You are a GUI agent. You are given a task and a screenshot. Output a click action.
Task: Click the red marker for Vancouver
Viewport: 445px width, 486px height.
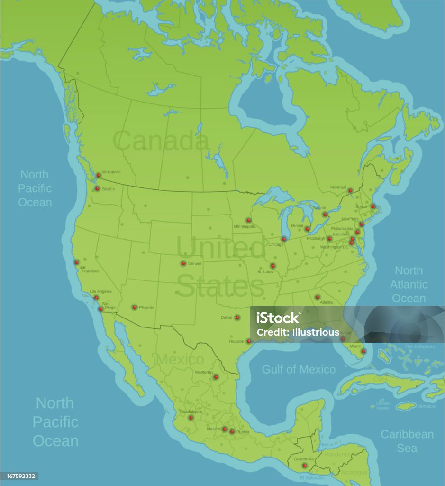(x=99, y=175)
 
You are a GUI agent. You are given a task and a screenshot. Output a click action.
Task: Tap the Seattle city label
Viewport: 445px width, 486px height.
(x=109, y=189)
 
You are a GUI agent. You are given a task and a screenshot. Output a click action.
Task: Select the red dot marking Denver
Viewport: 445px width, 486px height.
(x=183, y=263)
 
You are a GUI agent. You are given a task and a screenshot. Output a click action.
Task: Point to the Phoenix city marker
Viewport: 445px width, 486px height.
(x=134, y=307)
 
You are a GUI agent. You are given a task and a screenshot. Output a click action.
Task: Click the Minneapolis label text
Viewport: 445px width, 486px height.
(x=245, y=226)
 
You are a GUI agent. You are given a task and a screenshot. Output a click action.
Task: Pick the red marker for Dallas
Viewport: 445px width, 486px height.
(x=237, y=318)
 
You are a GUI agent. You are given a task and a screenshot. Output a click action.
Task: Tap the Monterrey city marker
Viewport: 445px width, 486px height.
(x=216, y=377)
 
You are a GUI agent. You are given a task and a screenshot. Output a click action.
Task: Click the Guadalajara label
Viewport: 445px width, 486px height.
(x=191, y=411)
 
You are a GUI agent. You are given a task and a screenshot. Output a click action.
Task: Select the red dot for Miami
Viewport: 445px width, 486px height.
(x=363, y=351)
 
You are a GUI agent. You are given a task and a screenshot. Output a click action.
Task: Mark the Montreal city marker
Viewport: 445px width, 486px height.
(x=350, y=191)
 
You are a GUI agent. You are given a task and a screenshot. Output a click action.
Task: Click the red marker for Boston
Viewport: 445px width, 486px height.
(x=373, y=206)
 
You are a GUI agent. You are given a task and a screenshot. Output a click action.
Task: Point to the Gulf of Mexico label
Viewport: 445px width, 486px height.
(x=299, y=369)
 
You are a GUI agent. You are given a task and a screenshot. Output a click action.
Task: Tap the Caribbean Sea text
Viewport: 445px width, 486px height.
(x=407, y=441)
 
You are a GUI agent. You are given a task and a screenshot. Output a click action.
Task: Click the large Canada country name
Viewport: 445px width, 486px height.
(x=161, y=141)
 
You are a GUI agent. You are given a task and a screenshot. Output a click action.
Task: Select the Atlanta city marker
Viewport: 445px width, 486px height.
(x=318, y=297)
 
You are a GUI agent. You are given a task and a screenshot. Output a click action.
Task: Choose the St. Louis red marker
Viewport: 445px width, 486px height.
(x=272, y=266)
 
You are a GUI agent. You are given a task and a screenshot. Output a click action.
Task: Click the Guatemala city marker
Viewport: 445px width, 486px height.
(x=304, y=466)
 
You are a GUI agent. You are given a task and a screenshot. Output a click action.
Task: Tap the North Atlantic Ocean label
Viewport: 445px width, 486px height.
(x=409, y=284)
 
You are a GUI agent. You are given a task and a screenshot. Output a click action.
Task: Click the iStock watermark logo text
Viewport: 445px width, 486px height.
(x=278, y=318)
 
